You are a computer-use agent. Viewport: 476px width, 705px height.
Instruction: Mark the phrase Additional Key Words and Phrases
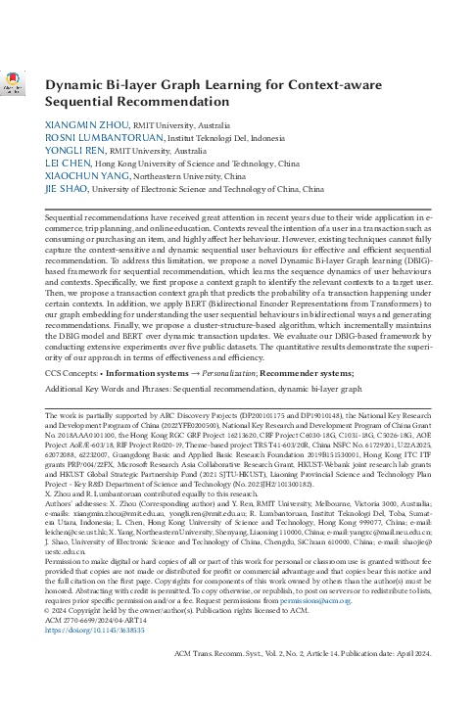120,359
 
